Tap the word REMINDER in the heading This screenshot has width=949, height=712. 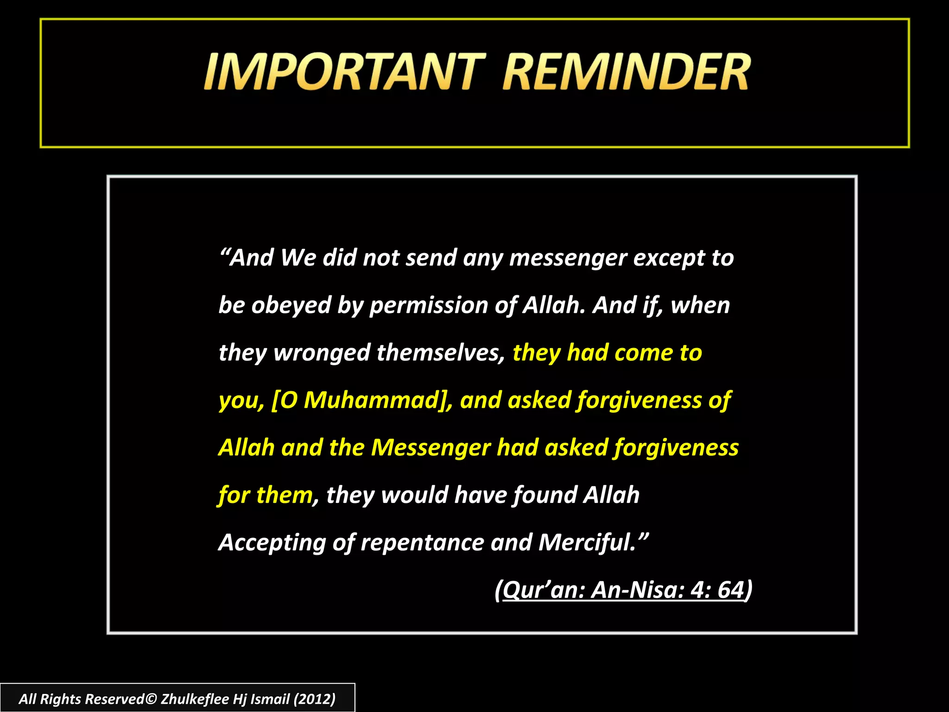point(626,72)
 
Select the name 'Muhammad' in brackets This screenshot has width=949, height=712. point(371,400)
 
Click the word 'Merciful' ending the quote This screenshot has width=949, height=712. point(586,542)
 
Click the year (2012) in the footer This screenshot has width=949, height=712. point(314,699)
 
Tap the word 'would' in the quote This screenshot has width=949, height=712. point(414,495)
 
